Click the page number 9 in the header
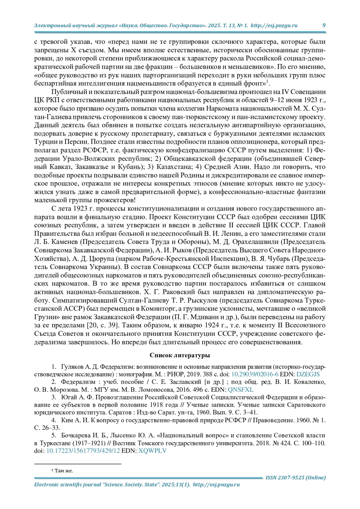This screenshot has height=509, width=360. click(x=324, y=25)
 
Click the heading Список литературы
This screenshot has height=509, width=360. click(x=180, y=355)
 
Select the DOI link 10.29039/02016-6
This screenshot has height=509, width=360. click(x=255, y=374)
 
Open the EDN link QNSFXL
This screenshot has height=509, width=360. click(x=241, y=390)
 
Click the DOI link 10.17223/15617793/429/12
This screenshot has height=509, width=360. click(x=83, y=451)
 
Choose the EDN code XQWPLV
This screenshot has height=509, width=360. click(x=152, y=451)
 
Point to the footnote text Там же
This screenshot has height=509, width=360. click(x=64, y=471)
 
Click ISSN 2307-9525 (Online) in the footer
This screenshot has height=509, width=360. click(x=295, y=478)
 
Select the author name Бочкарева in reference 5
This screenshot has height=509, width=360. click(x=74, y=436)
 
